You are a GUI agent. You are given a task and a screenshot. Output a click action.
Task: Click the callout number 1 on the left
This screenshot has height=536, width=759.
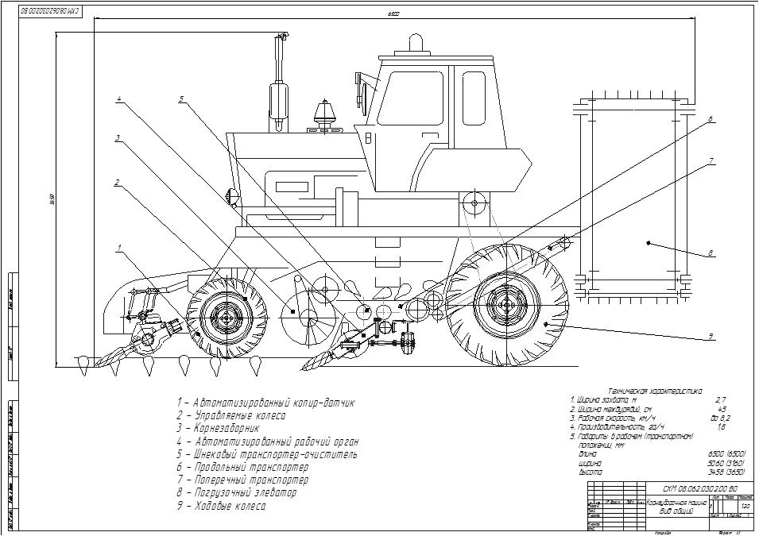pos(118,248)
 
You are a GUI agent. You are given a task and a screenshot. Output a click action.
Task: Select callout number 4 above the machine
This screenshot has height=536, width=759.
pos(118,99)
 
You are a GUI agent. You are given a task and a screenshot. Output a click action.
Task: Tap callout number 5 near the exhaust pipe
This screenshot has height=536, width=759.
pos(181,99)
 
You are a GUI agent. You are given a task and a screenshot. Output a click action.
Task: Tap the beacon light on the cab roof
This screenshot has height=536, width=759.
pos(415,42)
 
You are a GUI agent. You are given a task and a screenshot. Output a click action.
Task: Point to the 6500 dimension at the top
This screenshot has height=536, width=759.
pos(393,13)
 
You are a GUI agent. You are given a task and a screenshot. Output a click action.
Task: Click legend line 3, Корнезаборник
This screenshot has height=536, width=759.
pos(218,429)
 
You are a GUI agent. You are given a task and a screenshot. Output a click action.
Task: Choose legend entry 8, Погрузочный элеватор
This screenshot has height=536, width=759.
pos(237,493)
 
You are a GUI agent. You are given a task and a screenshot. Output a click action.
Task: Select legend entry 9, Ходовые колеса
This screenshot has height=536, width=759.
pos(222,506)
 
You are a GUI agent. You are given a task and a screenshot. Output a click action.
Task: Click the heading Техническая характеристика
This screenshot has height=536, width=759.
pos(655,391)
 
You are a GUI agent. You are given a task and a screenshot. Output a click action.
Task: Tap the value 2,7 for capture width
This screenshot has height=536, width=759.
pos(721,400)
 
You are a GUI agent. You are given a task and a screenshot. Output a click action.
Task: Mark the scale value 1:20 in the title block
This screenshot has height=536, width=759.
pos(745,506)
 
